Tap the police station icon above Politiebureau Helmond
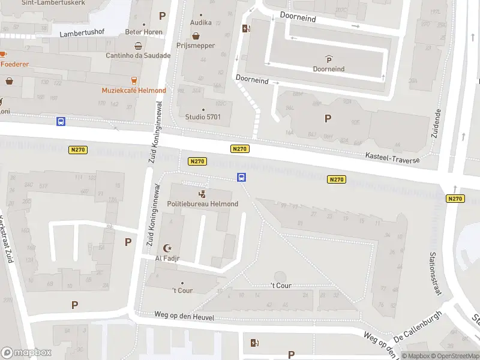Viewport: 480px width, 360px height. pyautogui.click(x=203, y=194)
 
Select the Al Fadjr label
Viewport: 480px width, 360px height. pyautogui.click(x=167, y=259)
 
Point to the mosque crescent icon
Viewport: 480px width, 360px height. pyautogui.click(x=168, y=248)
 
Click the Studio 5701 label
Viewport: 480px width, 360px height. pyautogui.click(x=203, y=117)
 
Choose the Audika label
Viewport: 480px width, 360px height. pyautogui.click(x=200, y=23)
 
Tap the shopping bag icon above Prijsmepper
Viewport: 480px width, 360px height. pyautogui.click(x=196, y=35)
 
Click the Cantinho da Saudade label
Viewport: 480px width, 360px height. pyautogui.click(x=139, y=56)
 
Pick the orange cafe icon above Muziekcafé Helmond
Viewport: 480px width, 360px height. pyautogui.click(x=134, y=80)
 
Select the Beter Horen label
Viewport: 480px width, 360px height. pyautogui.click(x=140, y=32)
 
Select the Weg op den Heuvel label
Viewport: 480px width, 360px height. pyautogui.click(x=175, y=316)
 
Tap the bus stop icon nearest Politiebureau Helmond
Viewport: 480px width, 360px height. pyautogui.click(x=241, y=177)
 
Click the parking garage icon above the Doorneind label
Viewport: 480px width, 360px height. pyautogui.click(x=329, y=59)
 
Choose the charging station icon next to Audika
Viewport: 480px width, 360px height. pyautogui.click(x=245, y=28)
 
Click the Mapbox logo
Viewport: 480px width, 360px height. pyautogui.click(x=26, y=353)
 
